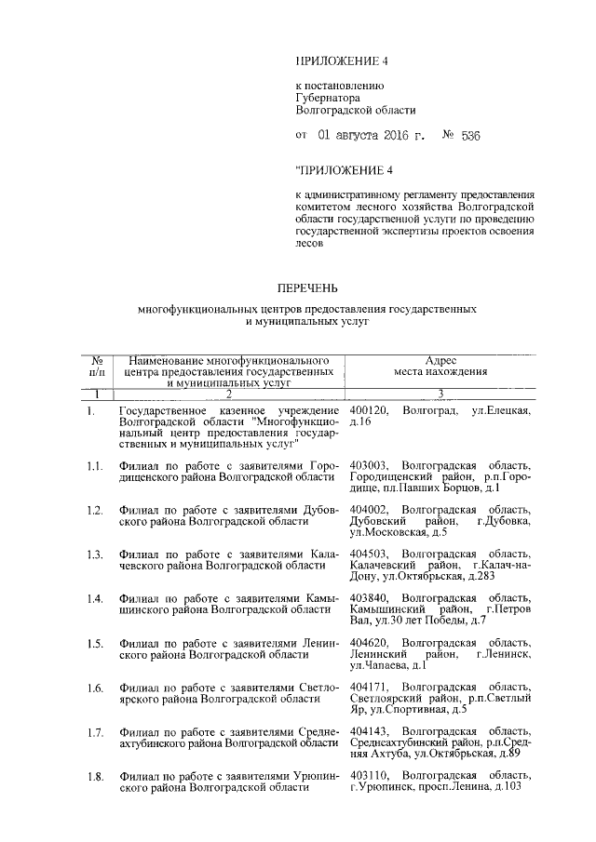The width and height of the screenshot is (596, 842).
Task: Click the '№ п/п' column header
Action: (96, 366)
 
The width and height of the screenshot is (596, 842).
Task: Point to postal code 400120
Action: (370, 410)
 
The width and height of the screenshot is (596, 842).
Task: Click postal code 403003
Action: (370, 464)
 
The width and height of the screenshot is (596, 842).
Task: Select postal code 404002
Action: (370, 510)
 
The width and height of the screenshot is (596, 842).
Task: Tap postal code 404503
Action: (370, 555)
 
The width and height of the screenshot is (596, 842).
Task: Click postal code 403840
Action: (370, 597)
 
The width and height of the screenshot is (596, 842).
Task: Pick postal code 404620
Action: (370, 643)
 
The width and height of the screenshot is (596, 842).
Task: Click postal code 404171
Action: (370, 687)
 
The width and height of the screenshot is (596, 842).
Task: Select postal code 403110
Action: (370, 775)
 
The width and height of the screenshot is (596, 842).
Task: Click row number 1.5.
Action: (94, 643)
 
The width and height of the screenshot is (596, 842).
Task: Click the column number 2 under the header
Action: (228, 394)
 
